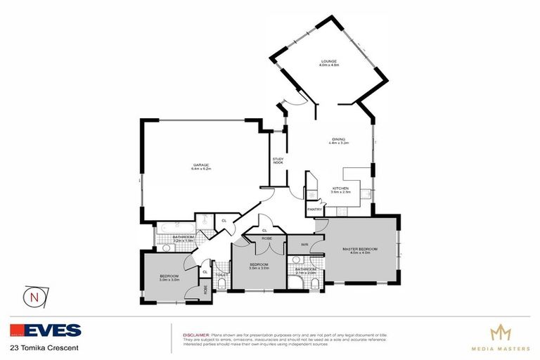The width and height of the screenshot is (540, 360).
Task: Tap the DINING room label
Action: click(x=338, y=139)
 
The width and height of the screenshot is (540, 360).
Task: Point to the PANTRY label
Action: click(x=314, y=210)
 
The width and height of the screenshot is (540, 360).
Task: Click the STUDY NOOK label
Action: click(x=278, y=161)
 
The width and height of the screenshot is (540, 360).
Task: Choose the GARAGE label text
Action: click(x=202, y=165)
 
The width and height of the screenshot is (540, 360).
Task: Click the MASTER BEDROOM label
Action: click(x=361, y=250)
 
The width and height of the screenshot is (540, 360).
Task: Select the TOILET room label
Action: click(x=220, y=274)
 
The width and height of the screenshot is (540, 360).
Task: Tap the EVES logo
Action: click(x=46, y=330)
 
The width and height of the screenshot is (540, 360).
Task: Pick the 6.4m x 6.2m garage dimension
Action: click(x=202, y=169)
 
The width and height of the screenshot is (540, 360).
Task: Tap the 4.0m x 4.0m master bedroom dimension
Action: click(x=361, y=254)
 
